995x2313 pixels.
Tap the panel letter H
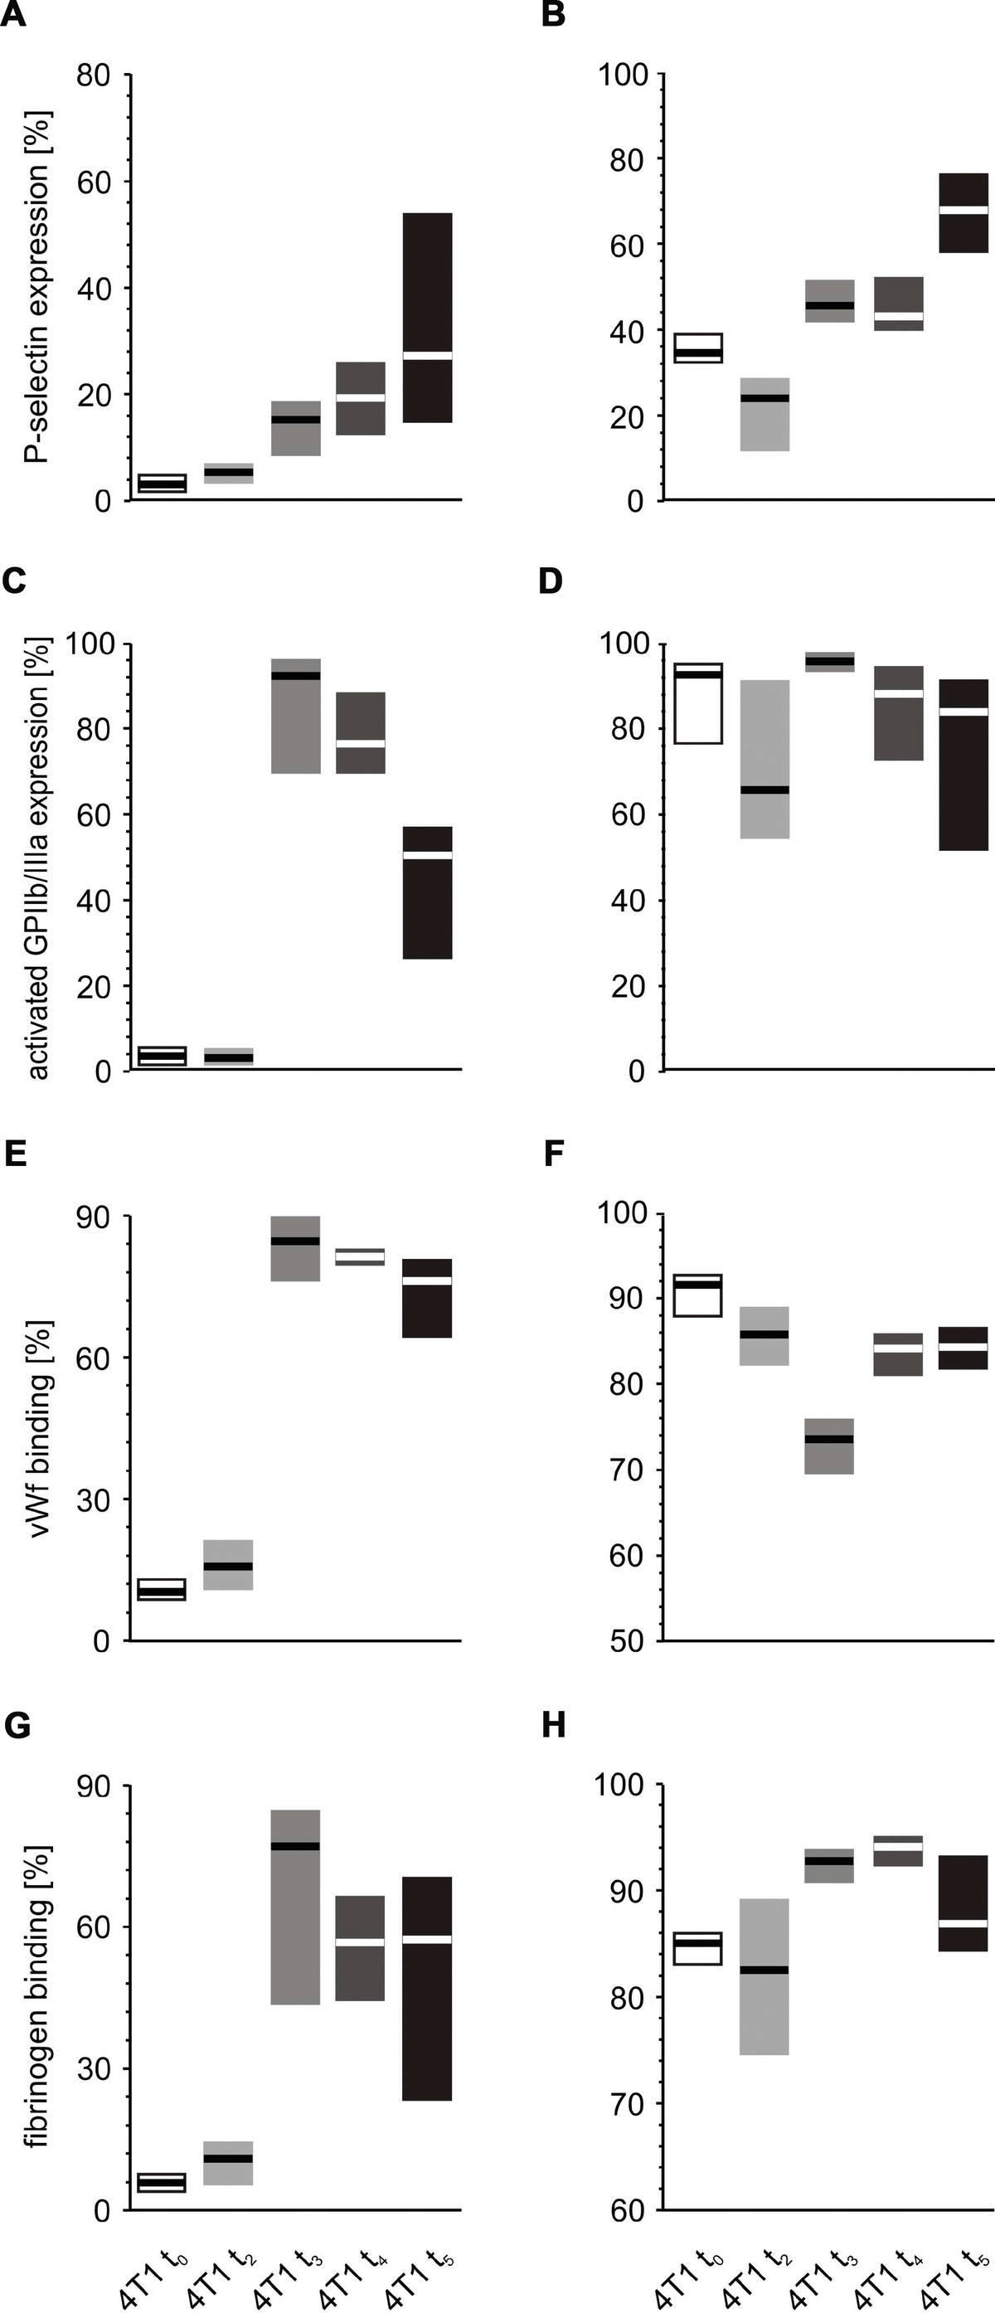pyautogui.click(x=553, y=1725)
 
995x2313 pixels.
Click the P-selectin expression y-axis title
pyautogui.click(x=37, y=287)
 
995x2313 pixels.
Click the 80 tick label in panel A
pyautogui.click(x=93, y=75)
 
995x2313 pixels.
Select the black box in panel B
pyautogui.click(x=963, y=213)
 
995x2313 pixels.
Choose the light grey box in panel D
pyautogui.click(x=765, y=759)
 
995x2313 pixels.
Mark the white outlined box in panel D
pyautogui.click(x=698, y=704)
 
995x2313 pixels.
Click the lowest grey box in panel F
pyautogui.click(x=829, y=1446)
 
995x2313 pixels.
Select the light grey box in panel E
pyautogui.click(x=228, y=1565)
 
